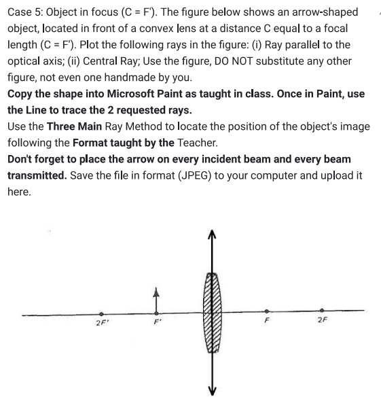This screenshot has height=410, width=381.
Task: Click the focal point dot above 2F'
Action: [x=102, y=314]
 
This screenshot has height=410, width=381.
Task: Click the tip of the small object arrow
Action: [x=156, y=289]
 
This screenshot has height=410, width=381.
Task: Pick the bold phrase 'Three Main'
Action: [x=74, y=126]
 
